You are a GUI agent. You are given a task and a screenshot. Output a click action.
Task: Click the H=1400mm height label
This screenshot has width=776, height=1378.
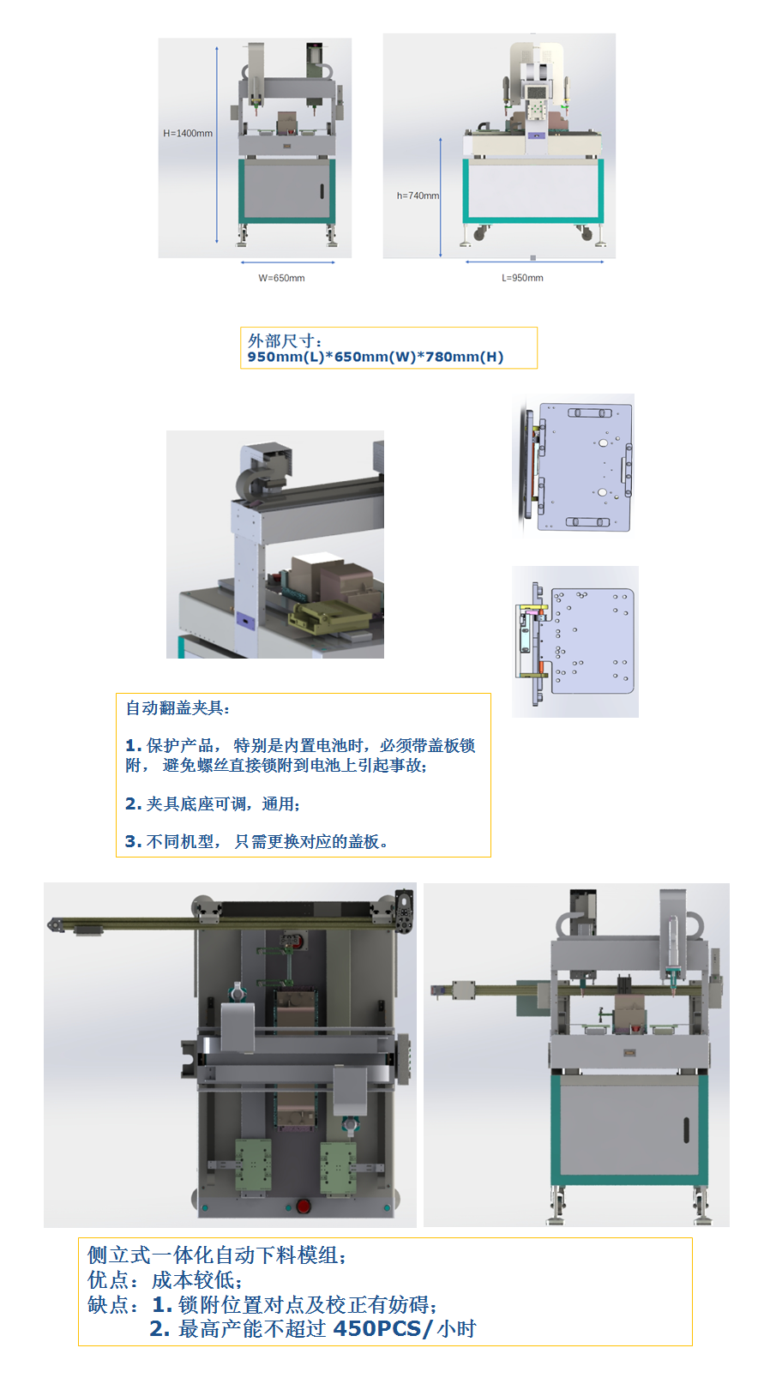click(188, 133)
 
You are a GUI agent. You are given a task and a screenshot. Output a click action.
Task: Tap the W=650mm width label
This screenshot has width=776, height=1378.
click(281, 278)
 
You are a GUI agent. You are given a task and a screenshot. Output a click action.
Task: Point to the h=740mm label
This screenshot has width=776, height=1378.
click(418, 196)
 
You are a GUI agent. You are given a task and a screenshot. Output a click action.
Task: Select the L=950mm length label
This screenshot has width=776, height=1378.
click(522, 278)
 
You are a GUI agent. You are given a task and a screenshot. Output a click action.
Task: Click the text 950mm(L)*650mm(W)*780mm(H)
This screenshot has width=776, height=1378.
click(376, 357)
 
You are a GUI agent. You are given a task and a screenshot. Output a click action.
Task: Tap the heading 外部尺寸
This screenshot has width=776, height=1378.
click(281, 340)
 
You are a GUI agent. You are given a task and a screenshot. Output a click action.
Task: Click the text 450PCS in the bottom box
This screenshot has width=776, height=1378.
click(376, 1329)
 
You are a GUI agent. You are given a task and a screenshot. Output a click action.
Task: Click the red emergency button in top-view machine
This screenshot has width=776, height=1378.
click(304, 1206)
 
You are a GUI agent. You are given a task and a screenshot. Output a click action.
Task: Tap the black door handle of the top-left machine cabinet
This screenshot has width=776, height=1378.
click(322, 190)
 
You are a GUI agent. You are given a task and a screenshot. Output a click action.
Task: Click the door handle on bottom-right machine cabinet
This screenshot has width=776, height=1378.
click(686, 1130)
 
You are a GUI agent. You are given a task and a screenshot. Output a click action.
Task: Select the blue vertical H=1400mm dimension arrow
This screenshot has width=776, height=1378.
click(217, 145)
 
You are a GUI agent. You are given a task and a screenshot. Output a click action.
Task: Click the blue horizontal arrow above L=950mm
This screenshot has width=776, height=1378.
click(534, 262)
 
